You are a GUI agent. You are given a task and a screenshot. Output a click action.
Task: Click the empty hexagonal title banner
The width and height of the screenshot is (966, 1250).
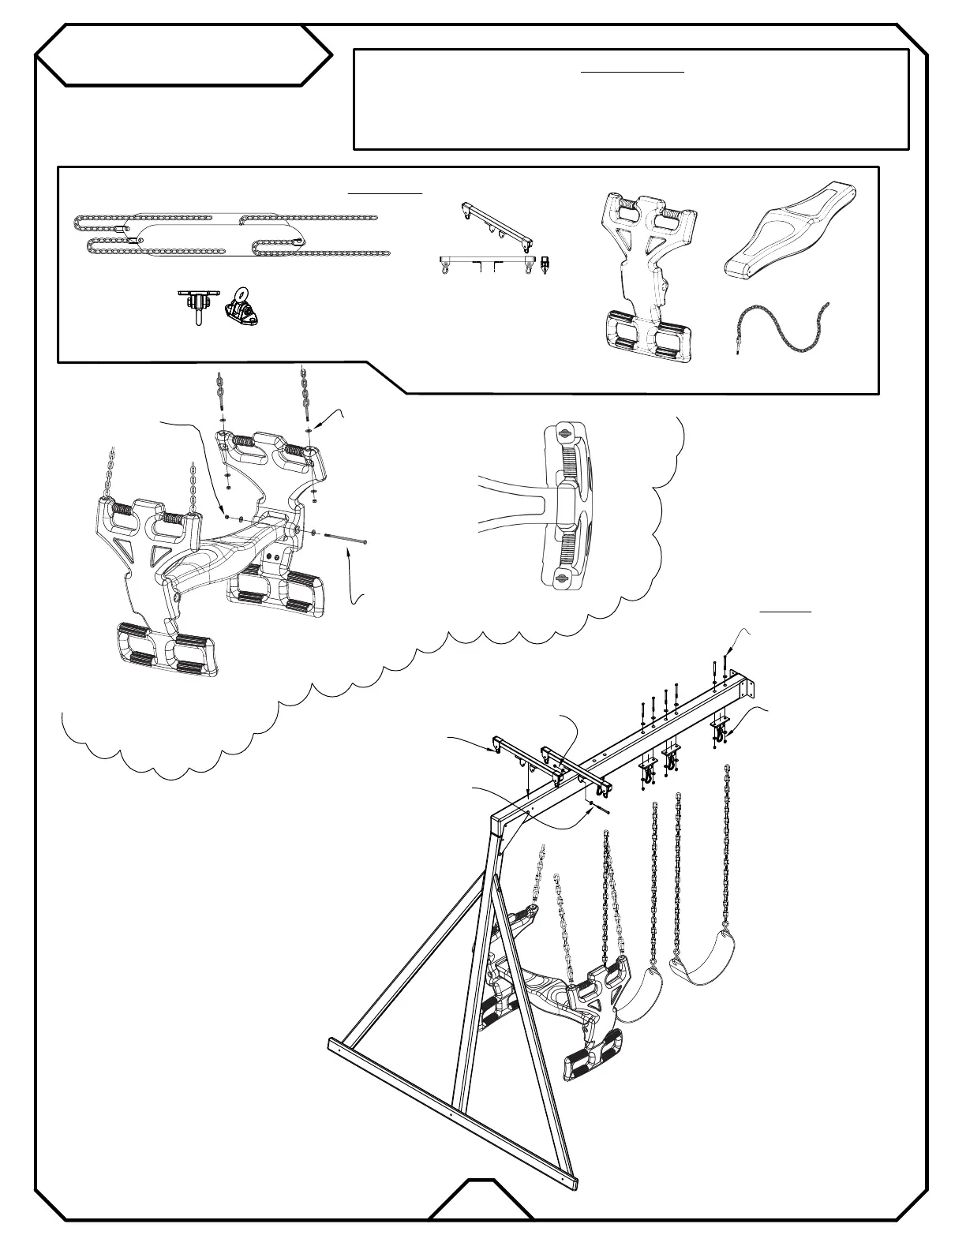pos(183,54)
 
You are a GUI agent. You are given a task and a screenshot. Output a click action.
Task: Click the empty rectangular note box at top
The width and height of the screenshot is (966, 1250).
pos(631,99)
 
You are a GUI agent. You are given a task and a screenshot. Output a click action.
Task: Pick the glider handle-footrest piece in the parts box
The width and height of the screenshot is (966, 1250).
pos(649,276)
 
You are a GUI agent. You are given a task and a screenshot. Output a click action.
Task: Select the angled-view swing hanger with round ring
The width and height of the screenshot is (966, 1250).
pos(243,310)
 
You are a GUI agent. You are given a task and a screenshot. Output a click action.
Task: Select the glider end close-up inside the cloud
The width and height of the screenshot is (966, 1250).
pos(562,504)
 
